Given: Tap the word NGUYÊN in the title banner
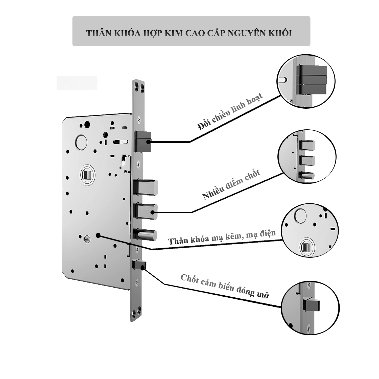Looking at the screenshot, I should [246, 33].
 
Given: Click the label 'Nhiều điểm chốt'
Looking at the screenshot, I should [231, 185].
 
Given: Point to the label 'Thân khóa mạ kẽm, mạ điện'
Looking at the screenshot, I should [222, 237].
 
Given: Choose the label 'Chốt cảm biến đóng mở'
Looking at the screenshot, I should [225, 286].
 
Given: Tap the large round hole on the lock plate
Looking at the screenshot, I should [81, 142].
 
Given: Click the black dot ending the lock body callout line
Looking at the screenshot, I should [98, 235].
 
